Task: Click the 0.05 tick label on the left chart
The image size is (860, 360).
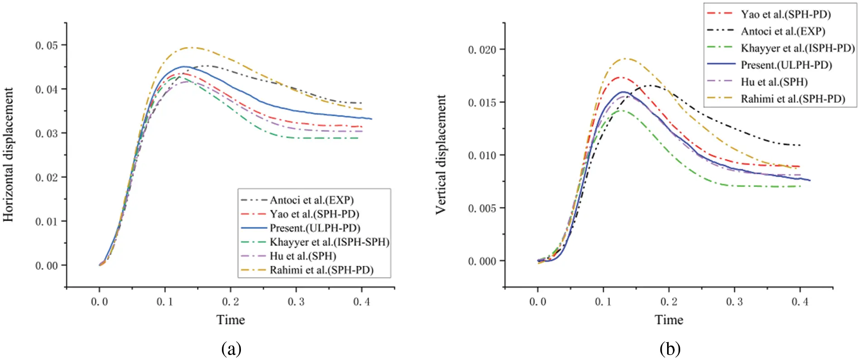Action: [47, 45]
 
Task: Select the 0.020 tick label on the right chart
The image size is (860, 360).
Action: [482, 49]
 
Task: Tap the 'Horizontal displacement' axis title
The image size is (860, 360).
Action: [8, 154]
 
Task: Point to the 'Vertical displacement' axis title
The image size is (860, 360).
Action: [440, 154]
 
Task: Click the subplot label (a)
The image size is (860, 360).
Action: [231, 349]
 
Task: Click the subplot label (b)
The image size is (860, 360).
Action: [669, 349]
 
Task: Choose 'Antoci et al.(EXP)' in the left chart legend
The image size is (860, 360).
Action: [312, 200]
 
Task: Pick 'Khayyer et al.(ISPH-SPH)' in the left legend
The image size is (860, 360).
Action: [329, 242]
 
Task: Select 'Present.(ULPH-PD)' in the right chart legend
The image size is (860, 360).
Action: [786, 65]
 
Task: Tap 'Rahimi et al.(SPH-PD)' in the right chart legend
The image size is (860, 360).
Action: [793, 99]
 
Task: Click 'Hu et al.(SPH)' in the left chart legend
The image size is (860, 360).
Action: [303, 256]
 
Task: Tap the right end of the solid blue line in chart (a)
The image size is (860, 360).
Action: [371, 119]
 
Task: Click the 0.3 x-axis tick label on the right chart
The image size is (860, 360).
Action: [734, 302]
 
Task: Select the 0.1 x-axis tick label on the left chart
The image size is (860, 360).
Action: [165, 302]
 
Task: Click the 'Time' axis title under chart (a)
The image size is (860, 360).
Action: [231, 320]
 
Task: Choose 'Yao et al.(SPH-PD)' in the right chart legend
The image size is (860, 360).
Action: [785, 14]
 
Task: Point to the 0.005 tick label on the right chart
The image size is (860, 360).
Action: [482, 208]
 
